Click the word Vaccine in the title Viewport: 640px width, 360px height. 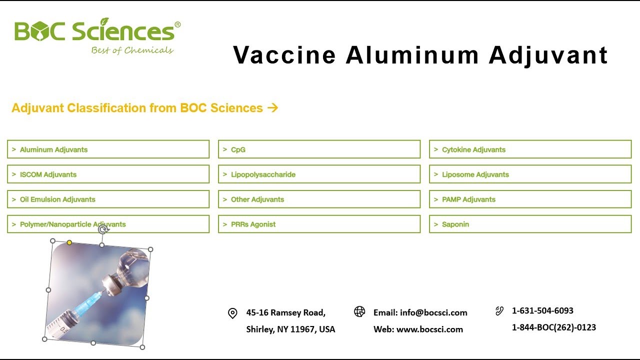click(284, 55)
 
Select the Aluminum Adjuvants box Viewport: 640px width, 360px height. click(108, 149)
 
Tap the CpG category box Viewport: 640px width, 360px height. click(319, 149)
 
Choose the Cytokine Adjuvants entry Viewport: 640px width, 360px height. click(530, 149)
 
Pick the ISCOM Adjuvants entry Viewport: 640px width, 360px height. click(108, 174)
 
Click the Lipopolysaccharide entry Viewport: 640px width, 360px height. click(319, 174)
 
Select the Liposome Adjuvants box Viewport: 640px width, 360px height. click(530, 174)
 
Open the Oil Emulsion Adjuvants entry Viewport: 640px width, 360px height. click(108, 199)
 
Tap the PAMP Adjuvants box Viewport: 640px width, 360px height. click(530, 199)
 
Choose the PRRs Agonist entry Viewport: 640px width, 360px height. click(319, 224)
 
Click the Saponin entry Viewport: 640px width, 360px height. click(530, 224)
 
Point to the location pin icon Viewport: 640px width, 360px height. click(232, 313)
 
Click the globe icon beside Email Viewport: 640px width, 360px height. click(359, 312)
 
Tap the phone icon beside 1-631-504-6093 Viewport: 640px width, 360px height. click(499, 311)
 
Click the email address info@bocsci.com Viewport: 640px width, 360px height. click(433, 313)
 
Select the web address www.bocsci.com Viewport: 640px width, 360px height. click(429, 329)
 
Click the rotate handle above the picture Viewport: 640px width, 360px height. click(103, 229)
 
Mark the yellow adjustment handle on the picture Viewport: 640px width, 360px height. click(69, 242)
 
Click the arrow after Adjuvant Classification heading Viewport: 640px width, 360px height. click(272, 108)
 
